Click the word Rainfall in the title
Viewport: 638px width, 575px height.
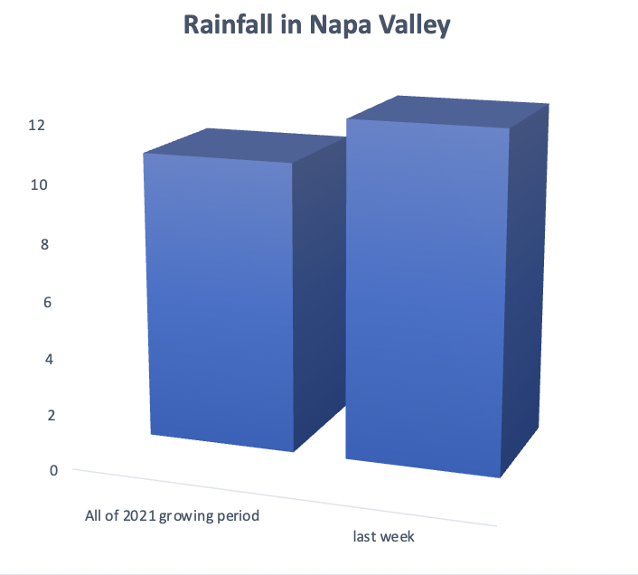click(x=228, y=24)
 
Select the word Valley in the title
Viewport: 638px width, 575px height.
click(x=415, y=26)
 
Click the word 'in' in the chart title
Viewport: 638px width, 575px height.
click(x=291, y=24)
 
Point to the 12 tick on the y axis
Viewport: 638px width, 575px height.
click(x=37, y=125)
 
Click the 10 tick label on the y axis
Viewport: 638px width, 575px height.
click(x=39, y=184)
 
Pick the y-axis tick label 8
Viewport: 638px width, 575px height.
click(x=44, y=244)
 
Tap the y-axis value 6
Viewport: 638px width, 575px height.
click(x=47, y=302)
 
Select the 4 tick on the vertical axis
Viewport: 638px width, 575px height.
click(x=49, y=359)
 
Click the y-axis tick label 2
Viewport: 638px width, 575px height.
click(x=52, y=415)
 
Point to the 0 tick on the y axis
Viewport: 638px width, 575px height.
click(x=53, y=470)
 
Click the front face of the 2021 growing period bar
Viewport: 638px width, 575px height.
click(x=220, y=303)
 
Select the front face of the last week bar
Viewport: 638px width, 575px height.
click(x=426, y=297)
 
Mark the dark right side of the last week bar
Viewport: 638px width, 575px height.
click(x=524, y=289)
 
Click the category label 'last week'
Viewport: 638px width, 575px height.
click(x=384, y=536)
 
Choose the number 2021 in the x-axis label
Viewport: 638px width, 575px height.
click(x=139, y=515)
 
